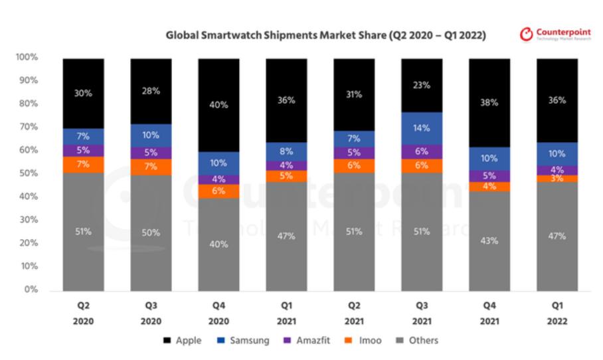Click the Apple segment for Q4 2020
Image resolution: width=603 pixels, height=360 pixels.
click(218, 105)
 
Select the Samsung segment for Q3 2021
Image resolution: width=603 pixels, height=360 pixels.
click(422, 128)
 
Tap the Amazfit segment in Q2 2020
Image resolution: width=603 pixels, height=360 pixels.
click(83, 150)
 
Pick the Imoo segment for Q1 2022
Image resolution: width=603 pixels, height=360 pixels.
click(557, 178)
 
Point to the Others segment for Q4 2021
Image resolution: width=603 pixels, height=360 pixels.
click(489, 240)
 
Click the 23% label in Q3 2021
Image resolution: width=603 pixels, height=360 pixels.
click(422, 85)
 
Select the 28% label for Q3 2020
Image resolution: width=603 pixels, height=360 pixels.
click(151, 90)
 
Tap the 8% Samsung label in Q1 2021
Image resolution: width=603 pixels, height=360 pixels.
click(286, 151)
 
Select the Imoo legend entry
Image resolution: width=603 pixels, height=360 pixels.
click(365, 341)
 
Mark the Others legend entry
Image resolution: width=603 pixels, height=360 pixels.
click(416, 341)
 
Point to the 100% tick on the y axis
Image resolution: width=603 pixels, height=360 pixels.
click(27, 58)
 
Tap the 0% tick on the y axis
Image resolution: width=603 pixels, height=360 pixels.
click(32, 290)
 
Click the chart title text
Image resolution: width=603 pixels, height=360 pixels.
click(325, 35)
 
